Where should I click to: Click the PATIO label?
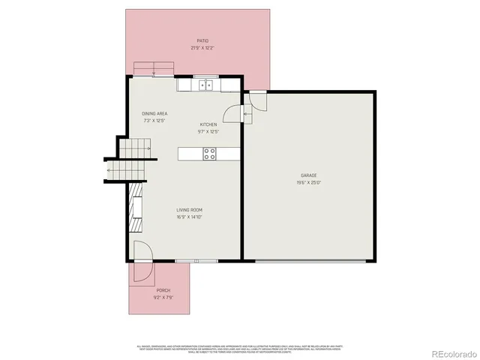202,41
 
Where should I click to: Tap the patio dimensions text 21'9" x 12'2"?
202,48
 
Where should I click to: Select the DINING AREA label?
154,114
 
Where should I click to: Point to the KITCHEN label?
208,124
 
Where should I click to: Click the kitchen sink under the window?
205,85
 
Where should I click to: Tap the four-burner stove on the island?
210,154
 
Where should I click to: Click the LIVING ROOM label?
190,210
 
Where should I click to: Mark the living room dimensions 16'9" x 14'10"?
190,217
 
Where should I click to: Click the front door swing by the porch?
142,252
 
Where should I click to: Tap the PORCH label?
163,290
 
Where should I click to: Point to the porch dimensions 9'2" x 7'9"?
163,297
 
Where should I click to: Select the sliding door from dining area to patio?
154,75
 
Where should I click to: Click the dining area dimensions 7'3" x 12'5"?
154,121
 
